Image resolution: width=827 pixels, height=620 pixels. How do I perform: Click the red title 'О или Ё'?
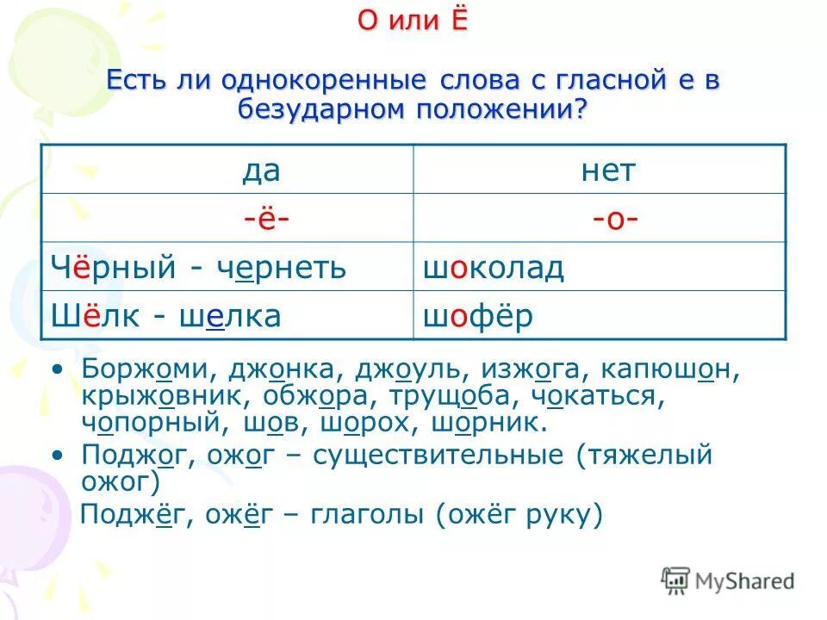[413, 21]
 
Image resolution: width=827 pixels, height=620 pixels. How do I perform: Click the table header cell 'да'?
[260, 170]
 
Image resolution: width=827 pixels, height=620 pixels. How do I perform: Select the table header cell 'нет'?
[607, 170]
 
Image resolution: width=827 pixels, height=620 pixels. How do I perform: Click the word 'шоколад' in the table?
[493, 268]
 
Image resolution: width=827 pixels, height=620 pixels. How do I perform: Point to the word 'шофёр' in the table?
[477, 316]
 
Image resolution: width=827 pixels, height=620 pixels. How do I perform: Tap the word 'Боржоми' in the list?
[150, 369]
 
